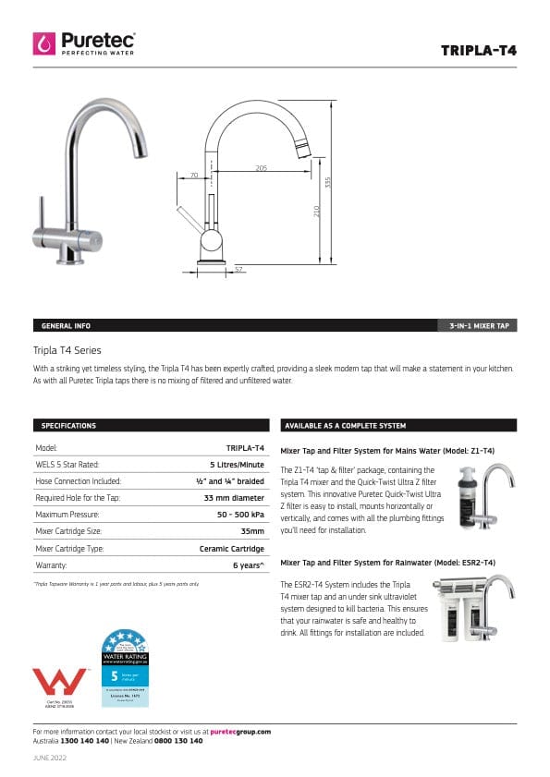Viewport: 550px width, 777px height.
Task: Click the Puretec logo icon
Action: tap(44, 43)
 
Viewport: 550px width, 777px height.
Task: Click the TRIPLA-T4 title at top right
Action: tap(479, 50)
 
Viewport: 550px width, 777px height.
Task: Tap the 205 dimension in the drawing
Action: tap(262, 167)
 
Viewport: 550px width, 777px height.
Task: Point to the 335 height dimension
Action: tap(327, 182)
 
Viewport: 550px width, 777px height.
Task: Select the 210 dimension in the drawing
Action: tap(317, 212)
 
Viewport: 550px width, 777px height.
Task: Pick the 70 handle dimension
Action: tap(194, 174)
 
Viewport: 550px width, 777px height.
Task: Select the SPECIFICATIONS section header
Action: tap(68, 425)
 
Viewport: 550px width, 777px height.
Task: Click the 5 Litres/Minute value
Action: tap(237, 464)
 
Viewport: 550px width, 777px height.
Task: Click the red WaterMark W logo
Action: tap(60, 682)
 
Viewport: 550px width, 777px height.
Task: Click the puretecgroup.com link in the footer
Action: tap(240, 731)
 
